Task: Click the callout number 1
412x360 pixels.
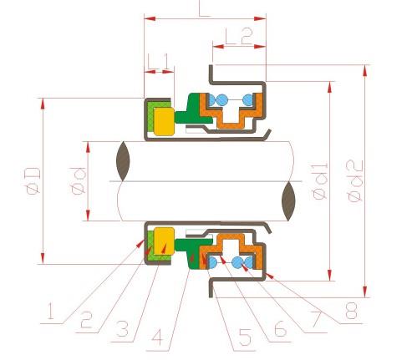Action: click(x=51, y=311)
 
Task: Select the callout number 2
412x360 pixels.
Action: click(x=86, y=320)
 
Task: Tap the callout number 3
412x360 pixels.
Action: click(x=122, y=329)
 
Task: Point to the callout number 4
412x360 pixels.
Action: click(x=157, y=337)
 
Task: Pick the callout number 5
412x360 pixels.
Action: click(x=245, y=337)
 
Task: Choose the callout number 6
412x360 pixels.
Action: click(x=280, y=329)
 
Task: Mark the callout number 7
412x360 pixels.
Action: click(x=316, y=320)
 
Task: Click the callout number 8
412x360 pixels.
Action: click(x=351, y=311)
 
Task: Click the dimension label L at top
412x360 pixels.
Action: click(x=204, y=8)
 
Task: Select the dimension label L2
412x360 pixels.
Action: click(x=239, y=36)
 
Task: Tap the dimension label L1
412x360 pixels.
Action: click(x=158, y=62)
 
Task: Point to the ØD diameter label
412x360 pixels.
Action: click(x=33, y=181)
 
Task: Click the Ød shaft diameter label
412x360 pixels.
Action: click(x=79, y=181)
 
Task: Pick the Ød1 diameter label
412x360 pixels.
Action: click(x=320, y=181)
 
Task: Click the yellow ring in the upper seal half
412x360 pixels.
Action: click(x=164, y=122)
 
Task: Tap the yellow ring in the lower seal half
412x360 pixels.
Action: click(x=164, y=241)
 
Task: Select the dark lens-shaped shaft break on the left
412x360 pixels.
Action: click(x=123, y=161)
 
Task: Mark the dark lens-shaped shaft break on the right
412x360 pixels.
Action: click(x=288, y=201)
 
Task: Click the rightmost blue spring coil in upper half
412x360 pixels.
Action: click(x=248, y=100)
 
